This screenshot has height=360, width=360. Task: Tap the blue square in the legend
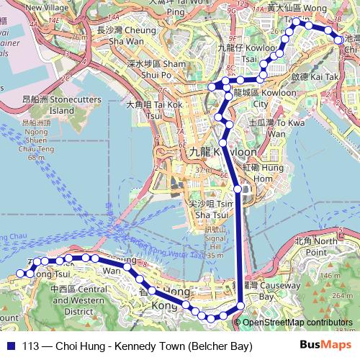click(12, 346)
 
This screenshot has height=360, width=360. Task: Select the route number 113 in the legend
click(32, 346)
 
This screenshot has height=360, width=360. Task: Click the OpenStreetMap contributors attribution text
click(297, 323)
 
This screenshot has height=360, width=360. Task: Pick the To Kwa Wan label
click(267, 128)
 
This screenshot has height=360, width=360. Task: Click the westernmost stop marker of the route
click(20, 274)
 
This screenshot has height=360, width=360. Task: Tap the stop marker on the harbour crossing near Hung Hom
click(238, 189)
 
